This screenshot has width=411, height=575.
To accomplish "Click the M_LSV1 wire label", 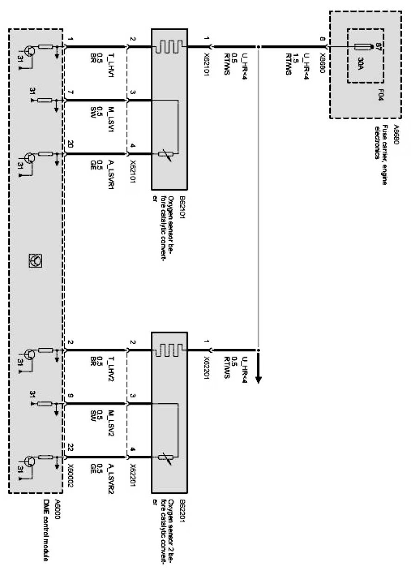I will pyautogui.click(x=110, y=120).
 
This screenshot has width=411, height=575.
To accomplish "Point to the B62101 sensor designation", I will pyautogui.click(x=170, y=206).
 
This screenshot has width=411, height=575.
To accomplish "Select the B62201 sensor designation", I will pyautogui.click(x=170, y=510).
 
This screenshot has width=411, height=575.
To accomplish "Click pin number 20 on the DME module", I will pyautogui.click(x=70, y=144).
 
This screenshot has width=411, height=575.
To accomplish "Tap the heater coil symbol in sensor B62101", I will pyautogui.click(x=169, y=47).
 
